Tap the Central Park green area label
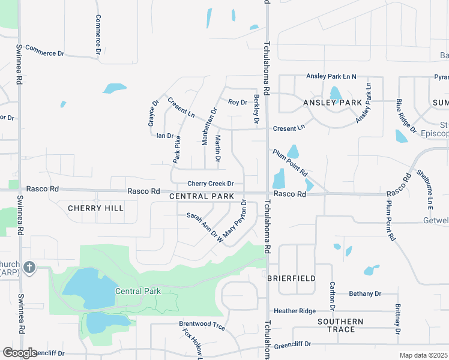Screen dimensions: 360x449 [137, 291]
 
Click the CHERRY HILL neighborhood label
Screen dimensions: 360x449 [95, 208]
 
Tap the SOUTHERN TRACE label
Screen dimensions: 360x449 [340, 325]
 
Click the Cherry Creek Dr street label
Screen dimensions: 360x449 [210, 184]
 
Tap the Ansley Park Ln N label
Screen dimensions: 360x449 [331, 76]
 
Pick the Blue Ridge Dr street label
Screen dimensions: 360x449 [406, 118]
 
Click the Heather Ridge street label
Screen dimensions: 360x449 [294, 311]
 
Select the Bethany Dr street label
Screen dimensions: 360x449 [365, 294]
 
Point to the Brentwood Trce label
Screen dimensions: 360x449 [202, 327]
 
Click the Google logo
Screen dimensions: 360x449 [20, 353]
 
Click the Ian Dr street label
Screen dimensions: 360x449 [164, 136]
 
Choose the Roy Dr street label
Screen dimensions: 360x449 [238, 102]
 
